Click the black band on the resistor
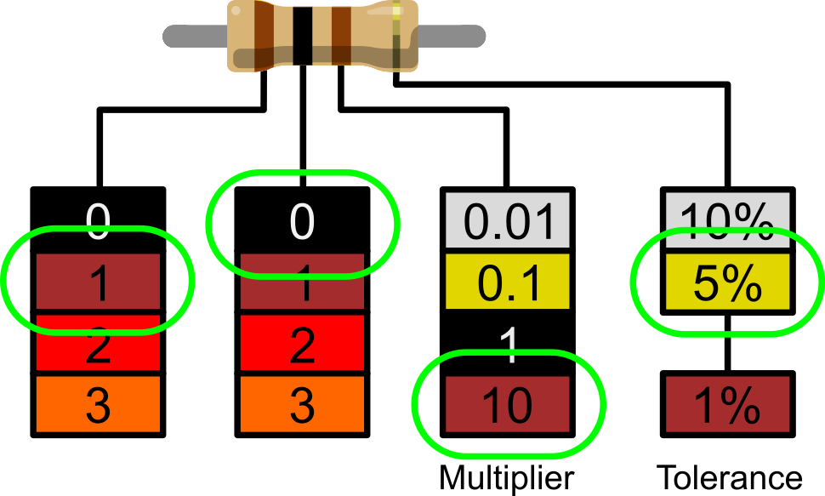coord(303,35)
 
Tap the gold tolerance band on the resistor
coord(396,35)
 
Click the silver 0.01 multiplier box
coord(507,220)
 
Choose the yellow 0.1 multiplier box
coord(507,282)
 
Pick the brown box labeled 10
coord(507,404)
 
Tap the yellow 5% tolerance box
coord(727,282)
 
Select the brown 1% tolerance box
coord(727,404)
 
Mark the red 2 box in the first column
coord(98,344)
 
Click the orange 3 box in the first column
coord(98,404)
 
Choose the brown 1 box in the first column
coord(98,282)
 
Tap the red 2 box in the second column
coord(302,343)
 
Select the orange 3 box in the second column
coord(302,404)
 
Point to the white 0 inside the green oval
coord(302,222)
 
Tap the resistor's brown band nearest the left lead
coord(263,35)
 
